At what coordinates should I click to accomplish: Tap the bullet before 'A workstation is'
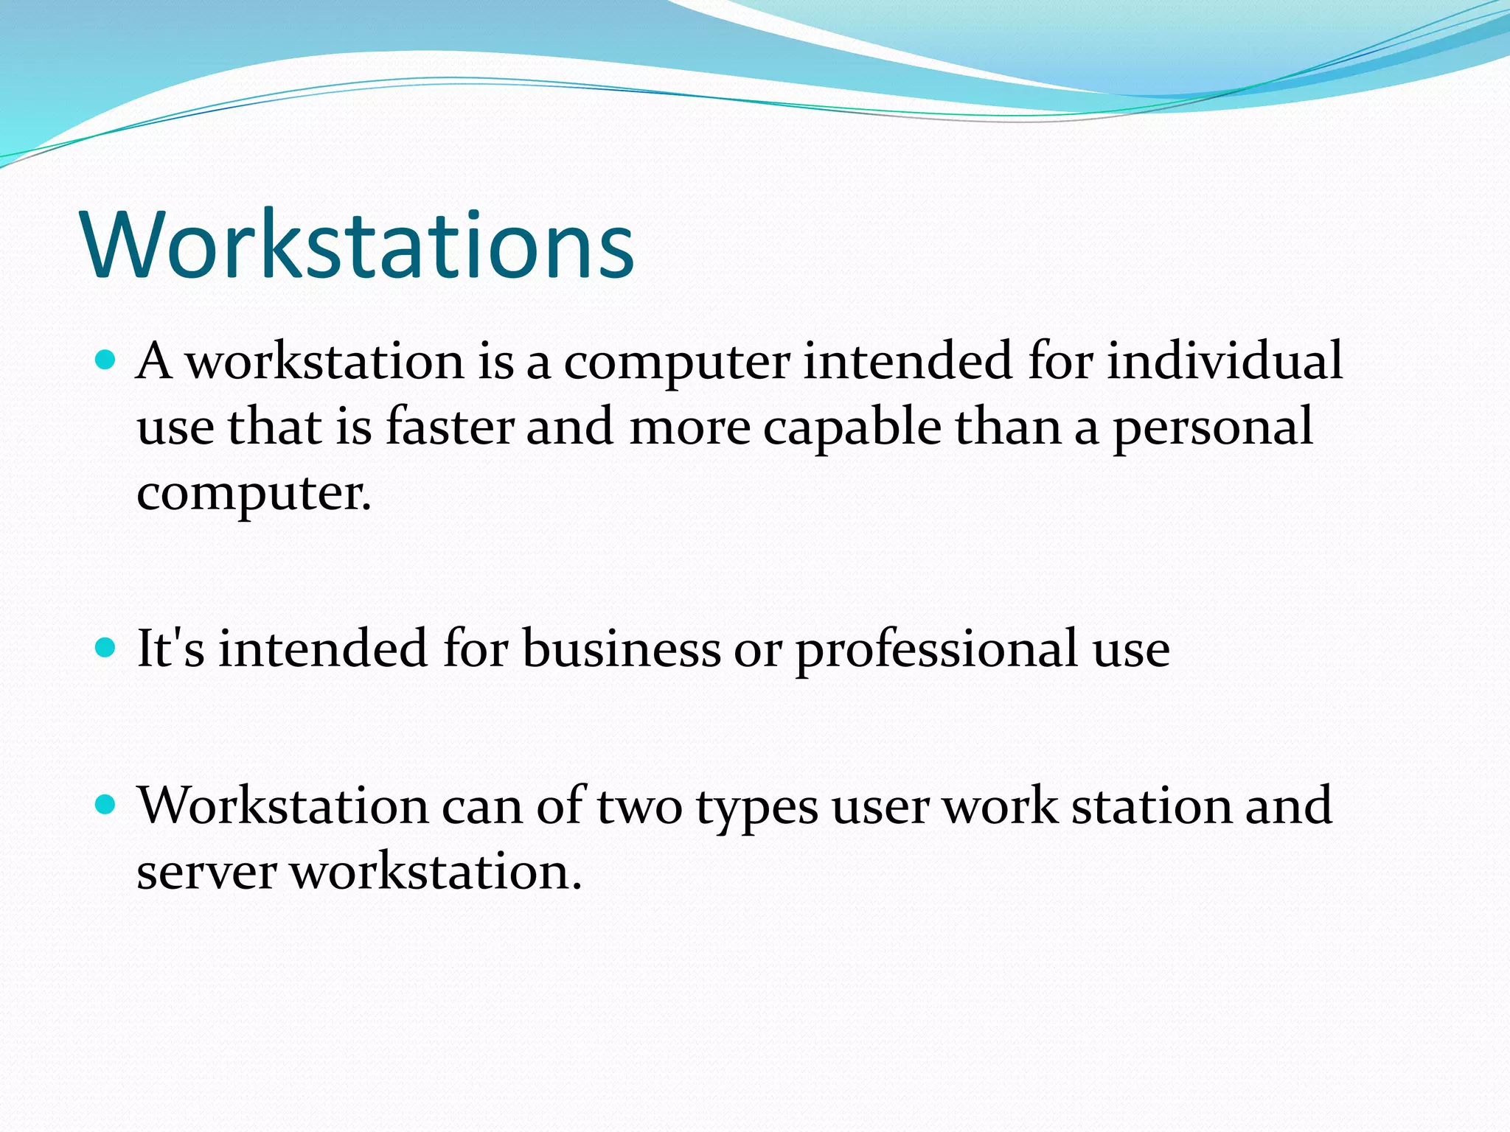[107, 360]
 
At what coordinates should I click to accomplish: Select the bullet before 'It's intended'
[107, 648]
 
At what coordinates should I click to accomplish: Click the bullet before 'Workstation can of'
[107, 804]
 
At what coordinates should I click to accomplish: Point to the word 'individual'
[1225, 361]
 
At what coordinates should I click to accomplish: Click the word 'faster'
[450, 427]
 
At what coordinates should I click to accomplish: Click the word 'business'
[622, 649]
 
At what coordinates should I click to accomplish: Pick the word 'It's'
[171, 649]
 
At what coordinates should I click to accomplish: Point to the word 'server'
[206, 872]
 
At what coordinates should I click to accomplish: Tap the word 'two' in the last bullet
[639, 806]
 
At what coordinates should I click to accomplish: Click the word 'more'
[689, 428]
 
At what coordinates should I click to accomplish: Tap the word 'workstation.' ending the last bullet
[436, 872]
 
